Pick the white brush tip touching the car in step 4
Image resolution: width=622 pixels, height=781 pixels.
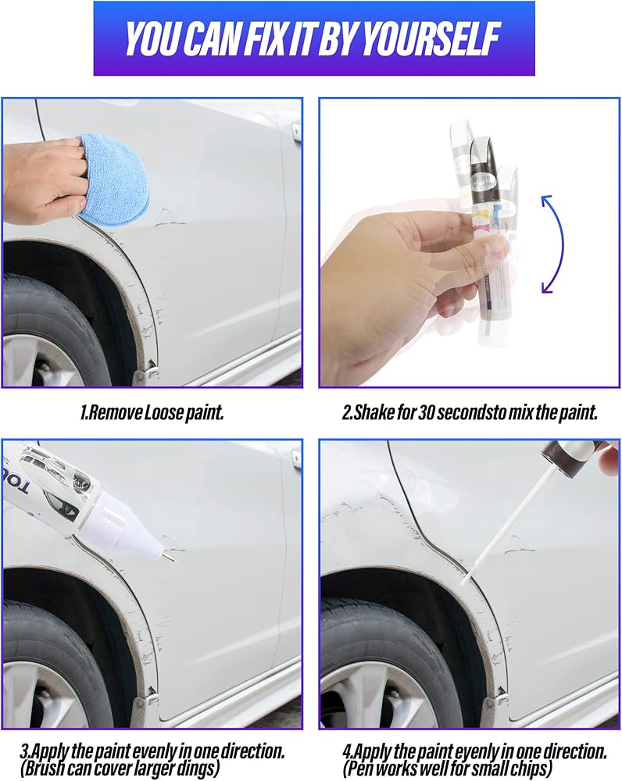pos(466,578)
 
